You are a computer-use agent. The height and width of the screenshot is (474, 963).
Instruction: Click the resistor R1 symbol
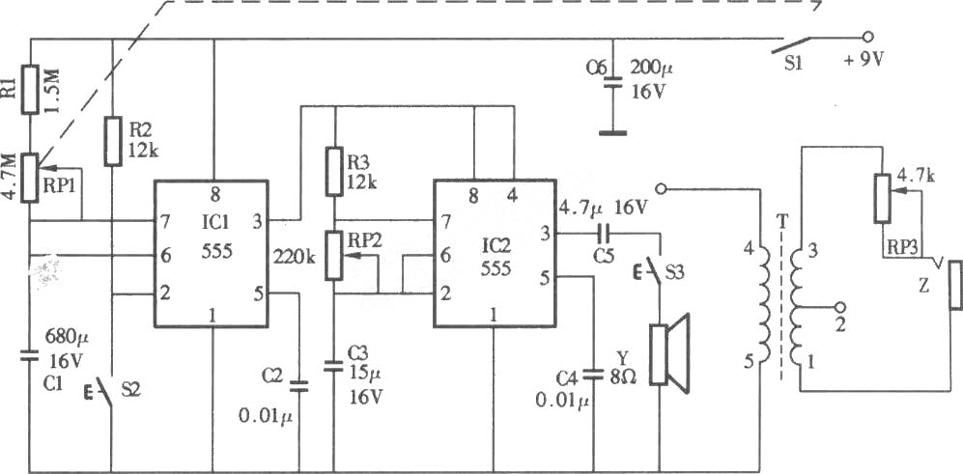pyautogui.click(x=30, y=89)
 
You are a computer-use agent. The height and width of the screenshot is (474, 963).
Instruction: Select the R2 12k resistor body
pyautogui.click(x=112, y=141)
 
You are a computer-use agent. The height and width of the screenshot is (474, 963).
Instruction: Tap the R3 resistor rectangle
pyautogui.click(x=334, y=171)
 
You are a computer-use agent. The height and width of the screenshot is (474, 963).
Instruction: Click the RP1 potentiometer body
pyautogui.click(x=30, y=178)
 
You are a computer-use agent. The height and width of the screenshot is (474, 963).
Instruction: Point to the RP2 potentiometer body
pyautogui.click(x=334, y=256)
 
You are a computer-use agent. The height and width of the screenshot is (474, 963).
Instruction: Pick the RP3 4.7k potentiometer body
pyautogui.click(x=882, y=198)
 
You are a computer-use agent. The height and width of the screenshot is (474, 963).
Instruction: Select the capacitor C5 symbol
pyautogui.click(x=604, y=234)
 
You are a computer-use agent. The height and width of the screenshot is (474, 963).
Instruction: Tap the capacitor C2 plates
pyautogui.click(x=299, y=385)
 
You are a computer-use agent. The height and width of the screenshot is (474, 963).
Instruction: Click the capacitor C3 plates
pyautogui.click(x=334, y=367)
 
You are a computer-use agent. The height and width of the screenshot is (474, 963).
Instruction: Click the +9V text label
pyautogui.click(x=864, y=61)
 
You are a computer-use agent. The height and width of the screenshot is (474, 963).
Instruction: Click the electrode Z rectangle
pyautogui.click(x=955, y=285)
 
